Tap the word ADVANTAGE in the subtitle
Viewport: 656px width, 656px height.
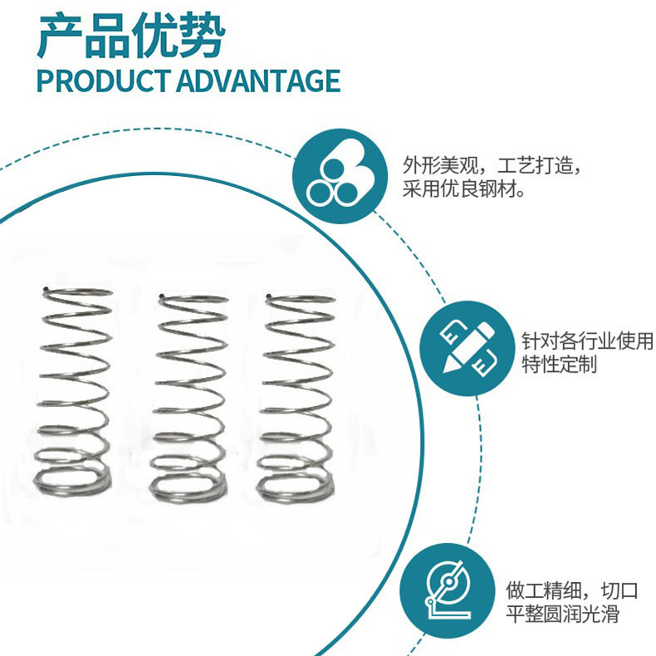(257, 81)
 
